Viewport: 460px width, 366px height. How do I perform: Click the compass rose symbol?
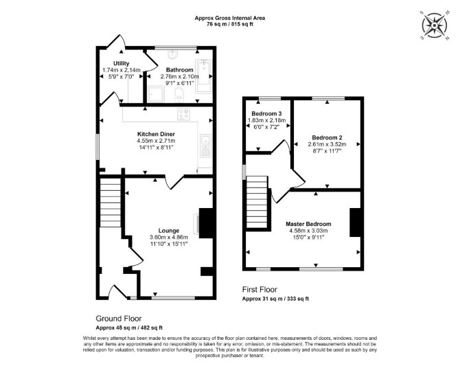point(434,25)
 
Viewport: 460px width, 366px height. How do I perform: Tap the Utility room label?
point(121,63)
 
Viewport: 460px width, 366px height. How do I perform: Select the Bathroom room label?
point(180,70)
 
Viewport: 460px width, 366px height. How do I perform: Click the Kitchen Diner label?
point(156,134)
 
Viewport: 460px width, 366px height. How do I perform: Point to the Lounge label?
point(169,231)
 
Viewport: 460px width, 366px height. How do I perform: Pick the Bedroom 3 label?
point(266,113)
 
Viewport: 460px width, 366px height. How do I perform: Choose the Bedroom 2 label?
point(327,137)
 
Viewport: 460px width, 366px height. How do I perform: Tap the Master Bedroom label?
point(308,224)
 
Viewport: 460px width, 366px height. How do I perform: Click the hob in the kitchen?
point(183,114)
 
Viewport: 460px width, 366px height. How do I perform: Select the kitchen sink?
point(205,146)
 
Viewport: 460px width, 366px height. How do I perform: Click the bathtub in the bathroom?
point(203,76)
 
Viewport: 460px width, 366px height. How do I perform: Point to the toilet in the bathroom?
point(179,95)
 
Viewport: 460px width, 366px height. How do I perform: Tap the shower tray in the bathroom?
point(155,94)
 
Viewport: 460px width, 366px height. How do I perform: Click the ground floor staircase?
point(111,203)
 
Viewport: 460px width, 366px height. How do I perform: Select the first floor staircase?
point(257,202)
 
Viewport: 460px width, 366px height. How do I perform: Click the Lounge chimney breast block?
point(206,223)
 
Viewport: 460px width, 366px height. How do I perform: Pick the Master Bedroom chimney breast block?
point(355,222)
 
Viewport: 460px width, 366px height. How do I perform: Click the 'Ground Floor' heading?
point(119,319)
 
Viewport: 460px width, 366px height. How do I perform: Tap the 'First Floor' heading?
point(260,290)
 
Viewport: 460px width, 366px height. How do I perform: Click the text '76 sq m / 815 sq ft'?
point(230,24)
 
